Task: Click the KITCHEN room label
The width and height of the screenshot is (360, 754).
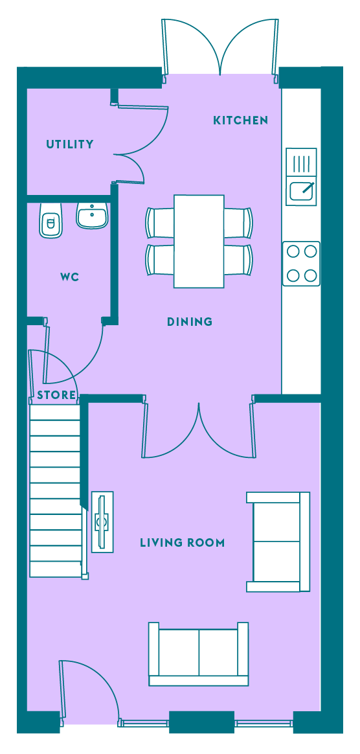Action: (x=240, y=120)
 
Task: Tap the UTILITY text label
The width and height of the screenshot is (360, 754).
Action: (x=70, y=144)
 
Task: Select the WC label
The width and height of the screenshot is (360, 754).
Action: (x=70, y=277)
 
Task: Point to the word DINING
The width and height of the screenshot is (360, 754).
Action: (x=189, y=322)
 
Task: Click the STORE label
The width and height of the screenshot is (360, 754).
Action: (x=57, y=396)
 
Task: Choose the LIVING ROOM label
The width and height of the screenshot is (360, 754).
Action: (x=182, y=543)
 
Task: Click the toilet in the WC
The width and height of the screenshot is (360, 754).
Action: (x=51, y=220)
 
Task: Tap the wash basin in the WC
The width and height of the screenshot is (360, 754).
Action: (x=92, y=215)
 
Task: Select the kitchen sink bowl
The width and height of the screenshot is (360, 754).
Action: (x=303, y=189)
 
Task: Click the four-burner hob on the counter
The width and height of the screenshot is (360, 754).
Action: (x=301, y=264)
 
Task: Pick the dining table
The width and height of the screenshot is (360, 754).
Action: (x=199, y=242)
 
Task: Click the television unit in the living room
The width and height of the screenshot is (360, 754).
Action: (x=102, y=522)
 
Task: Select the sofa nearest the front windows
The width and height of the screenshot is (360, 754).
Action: (x=199, y=654)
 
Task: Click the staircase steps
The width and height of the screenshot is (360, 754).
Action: (x=55, y=490)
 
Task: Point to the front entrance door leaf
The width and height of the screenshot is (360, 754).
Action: (x=62, y=692)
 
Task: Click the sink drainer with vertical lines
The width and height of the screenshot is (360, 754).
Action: (x=301, y=163)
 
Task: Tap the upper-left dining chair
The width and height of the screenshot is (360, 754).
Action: (x=159, y=223)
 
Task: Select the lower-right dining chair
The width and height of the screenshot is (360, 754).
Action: (x=238, y=260)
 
